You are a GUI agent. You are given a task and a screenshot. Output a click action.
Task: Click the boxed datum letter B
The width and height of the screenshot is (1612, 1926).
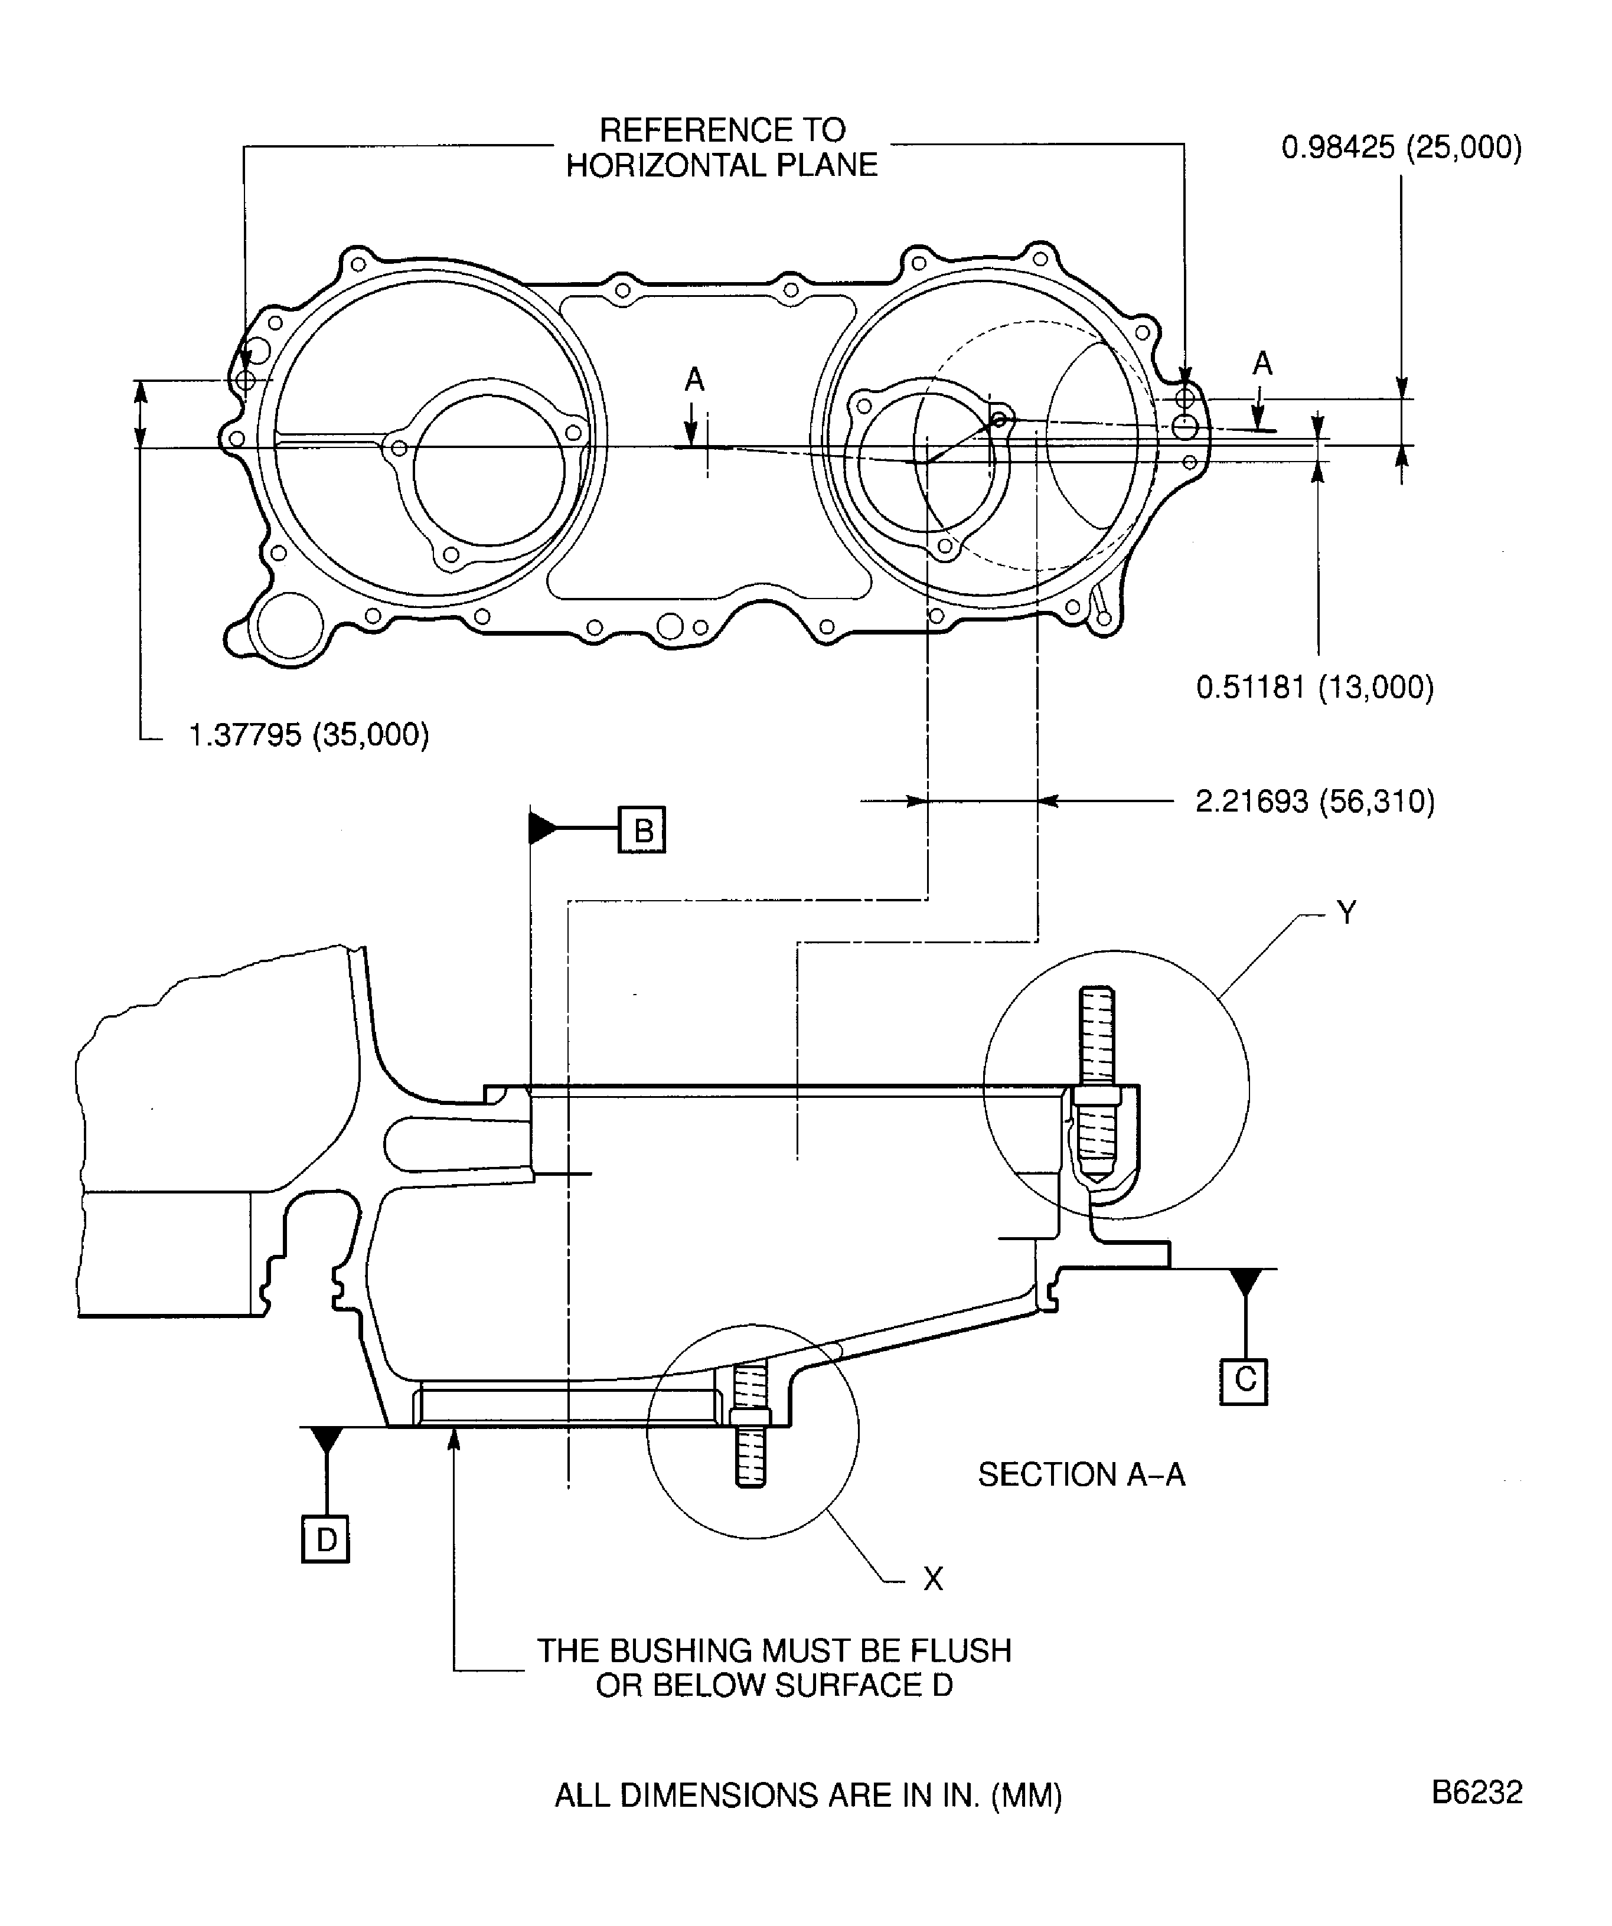tap(641, 830)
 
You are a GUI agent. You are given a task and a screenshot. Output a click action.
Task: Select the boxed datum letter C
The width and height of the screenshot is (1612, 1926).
tap(1243, 1381)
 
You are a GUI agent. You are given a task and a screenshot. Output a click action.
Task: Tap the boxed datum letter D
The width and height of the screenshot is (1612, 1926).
tap(326, 1539)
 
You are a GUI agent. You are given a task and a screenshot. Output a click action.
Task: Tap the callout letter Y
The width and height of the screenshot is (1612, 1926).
tap(1345, 913)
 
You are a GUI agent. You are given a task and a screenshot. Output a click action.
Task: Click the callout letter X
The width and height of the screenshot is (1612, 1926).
tap(932, 1578)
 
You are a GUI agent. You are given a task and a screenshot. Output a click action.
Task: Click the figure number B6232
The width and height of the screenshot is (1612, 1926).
tap(1476, 1792)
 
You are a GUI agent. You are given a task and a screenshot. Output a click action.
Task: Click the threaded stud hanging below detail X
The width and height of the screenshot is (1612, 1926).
tap(750, 1459)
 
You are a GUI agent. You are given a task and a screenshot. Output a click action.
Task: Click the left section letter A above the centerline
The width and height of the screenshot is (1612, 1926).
tap(694, 379)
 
